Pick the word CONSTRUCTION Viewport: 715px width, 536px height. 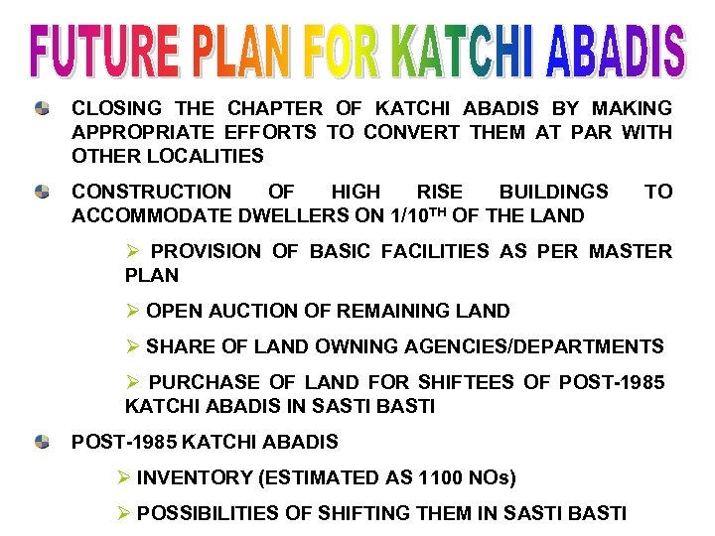tap(151, 192)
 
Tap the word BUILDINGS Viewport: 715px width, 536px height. tap(553, 192)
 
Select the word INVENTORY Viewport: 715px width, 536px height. tap(194, 477)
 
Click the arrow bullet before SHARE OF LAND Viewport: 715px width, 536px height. tap(133, 346)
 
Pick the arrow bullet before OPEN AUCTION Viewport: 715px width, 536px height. tap(133, 311)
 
